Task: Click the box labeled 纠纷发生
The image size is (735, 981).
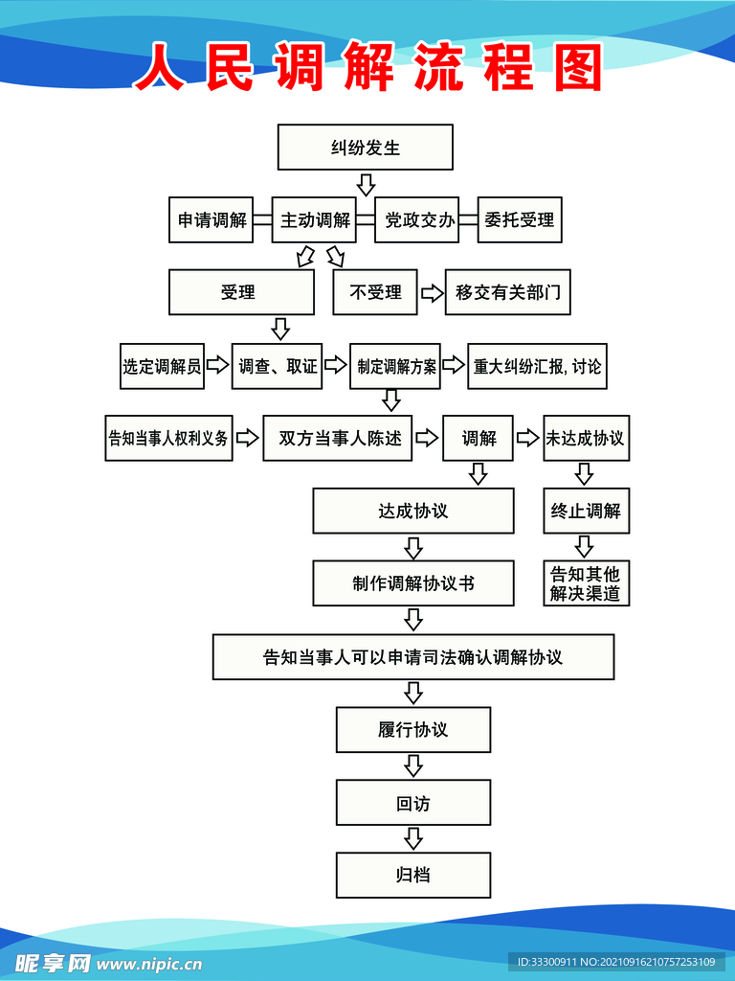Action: [x=365, y=148]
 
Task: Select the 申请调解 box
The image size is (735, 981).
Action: [x=212, y=220]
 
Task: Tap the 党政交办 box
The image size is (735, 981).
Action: [x=419, y=220]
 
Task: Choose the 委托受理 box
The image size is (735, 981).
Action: [x=519, y=220]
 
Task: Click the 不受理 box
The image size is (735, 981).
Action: [x=375, y=292]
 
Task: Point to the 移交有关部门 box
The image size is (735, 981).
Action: [x=507, y=292]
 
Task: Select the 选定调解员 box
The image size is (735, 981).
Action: [x=163, y=366]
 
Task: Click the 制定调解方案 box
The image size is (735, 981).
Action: [x=396, y=366]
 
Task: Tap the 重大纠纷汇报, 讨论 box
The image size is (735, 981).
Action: [x=538, y=366]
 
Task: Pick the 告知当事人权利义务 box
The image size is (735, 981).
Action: [x=168, y=439]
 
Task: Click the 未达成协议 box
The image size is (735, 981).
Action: [x=585, y=439]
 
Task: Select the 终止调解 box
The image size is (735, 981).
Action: [x=585, y=511]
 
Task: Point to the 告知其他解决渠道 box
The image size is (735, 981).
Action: [x=585, y=583]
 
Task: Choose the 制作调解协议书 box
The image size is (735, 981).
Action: [x=413, y=583]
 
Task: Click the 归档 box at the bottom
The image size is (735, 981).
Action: [x=413, y=875]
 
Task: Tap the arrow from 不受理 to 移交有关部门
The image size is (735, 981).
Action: [x=432, y=292]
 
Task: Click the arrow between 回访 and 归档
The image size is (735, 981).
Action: [x=413, y=838]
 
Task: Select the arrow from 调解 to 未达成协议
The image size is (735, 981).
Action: [x=528, y=439]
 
